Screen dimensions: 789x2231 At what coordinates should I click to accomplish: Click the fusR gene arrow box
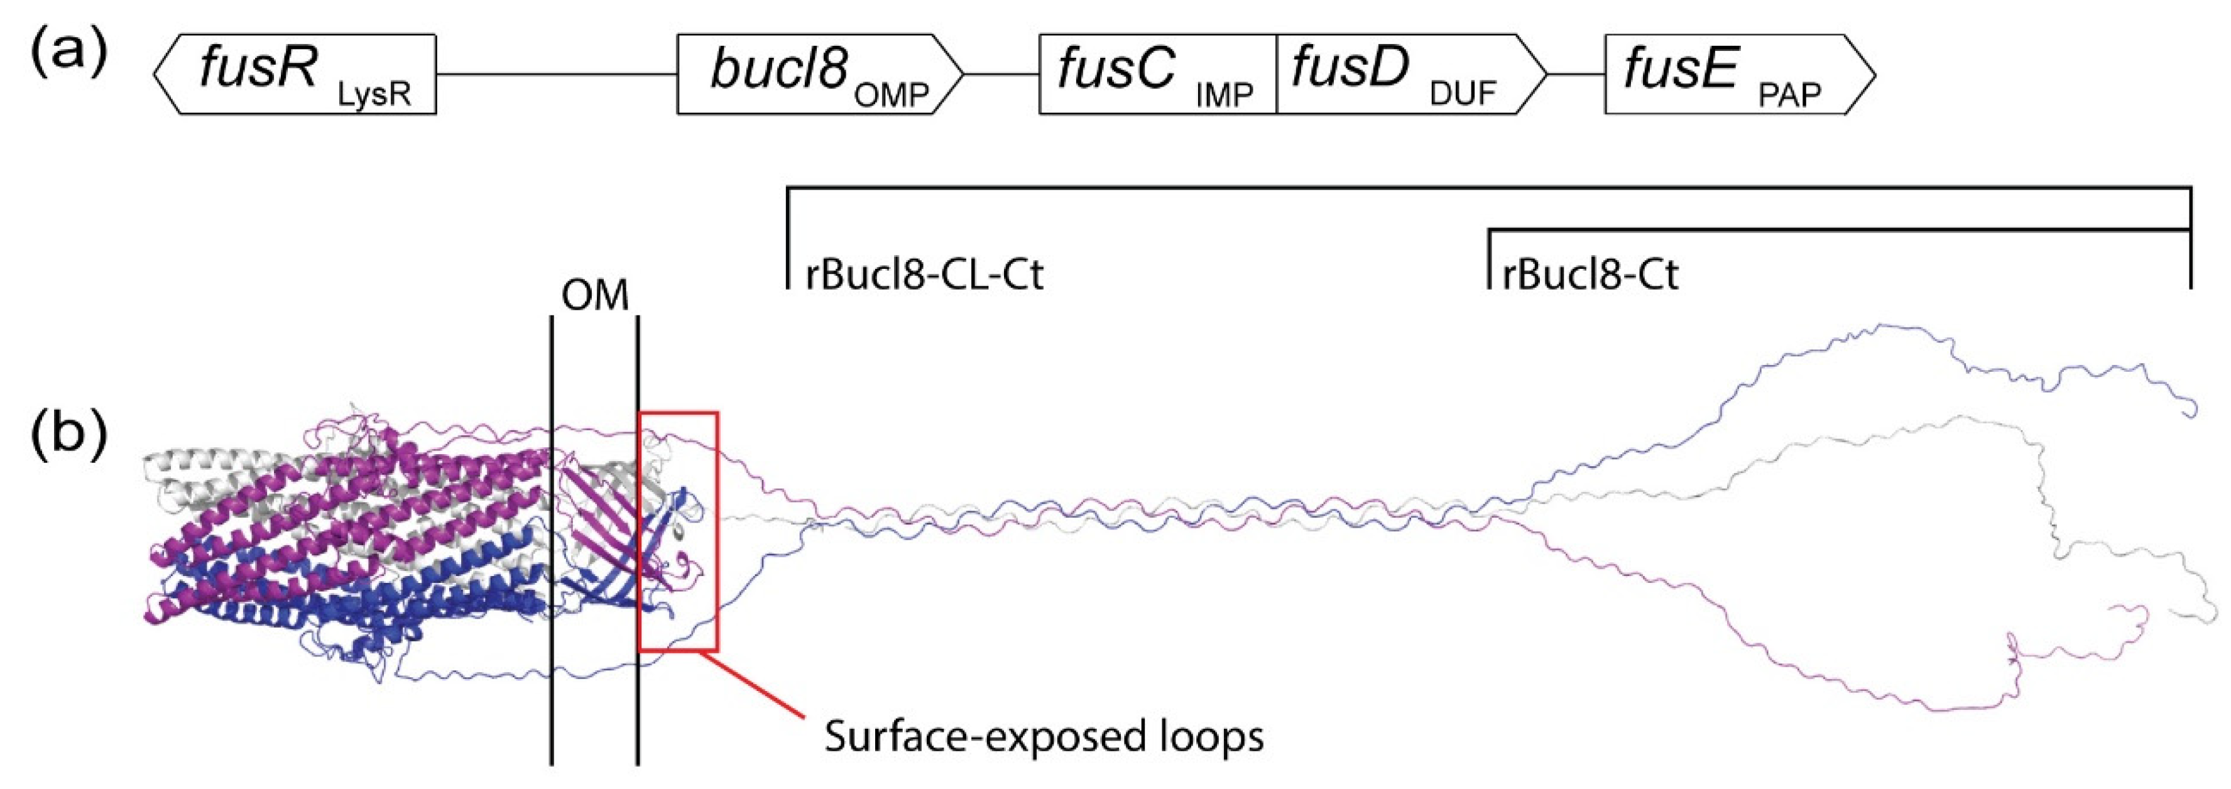pyautogui.click(x=295, y=75)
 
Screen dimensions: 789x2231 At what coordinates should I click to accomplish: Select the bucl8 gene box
pyautogui.click(x=819, y=75)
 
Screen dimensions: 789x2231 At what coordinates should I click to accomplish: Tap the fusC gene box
pyautogui.click(x=1157, y=75)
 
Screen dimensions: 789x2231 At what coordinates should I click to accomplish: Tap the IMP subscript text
pyautogui.click(x=1224, y=94)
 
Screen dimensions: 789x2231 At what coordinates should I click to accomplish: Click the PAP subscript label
pyautogui.click(x=1789, y=94)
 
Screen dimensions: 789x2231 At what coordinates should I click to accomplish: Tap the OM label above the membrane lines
pyautogui.click(x=594, y=297)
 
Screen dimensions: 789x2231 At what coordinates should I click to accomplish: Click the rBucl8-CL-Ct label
pyautogui.click(x=924, y=275)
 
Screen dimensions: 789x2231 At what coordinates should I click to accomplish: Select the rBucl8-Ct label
pyautogui.click(x=1590, y=275)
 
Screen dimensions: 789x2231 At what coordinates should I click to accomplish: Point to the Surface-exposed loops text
pyautogui.click(x=1044, y=736)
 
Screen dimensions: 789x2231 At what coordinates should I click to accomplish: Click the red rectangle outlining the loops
pyautogui.click(x=717, y=537)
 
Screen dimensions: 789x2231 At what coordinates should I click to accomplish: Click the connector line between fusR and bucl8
pyautogui.click(x=556, y=75)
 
